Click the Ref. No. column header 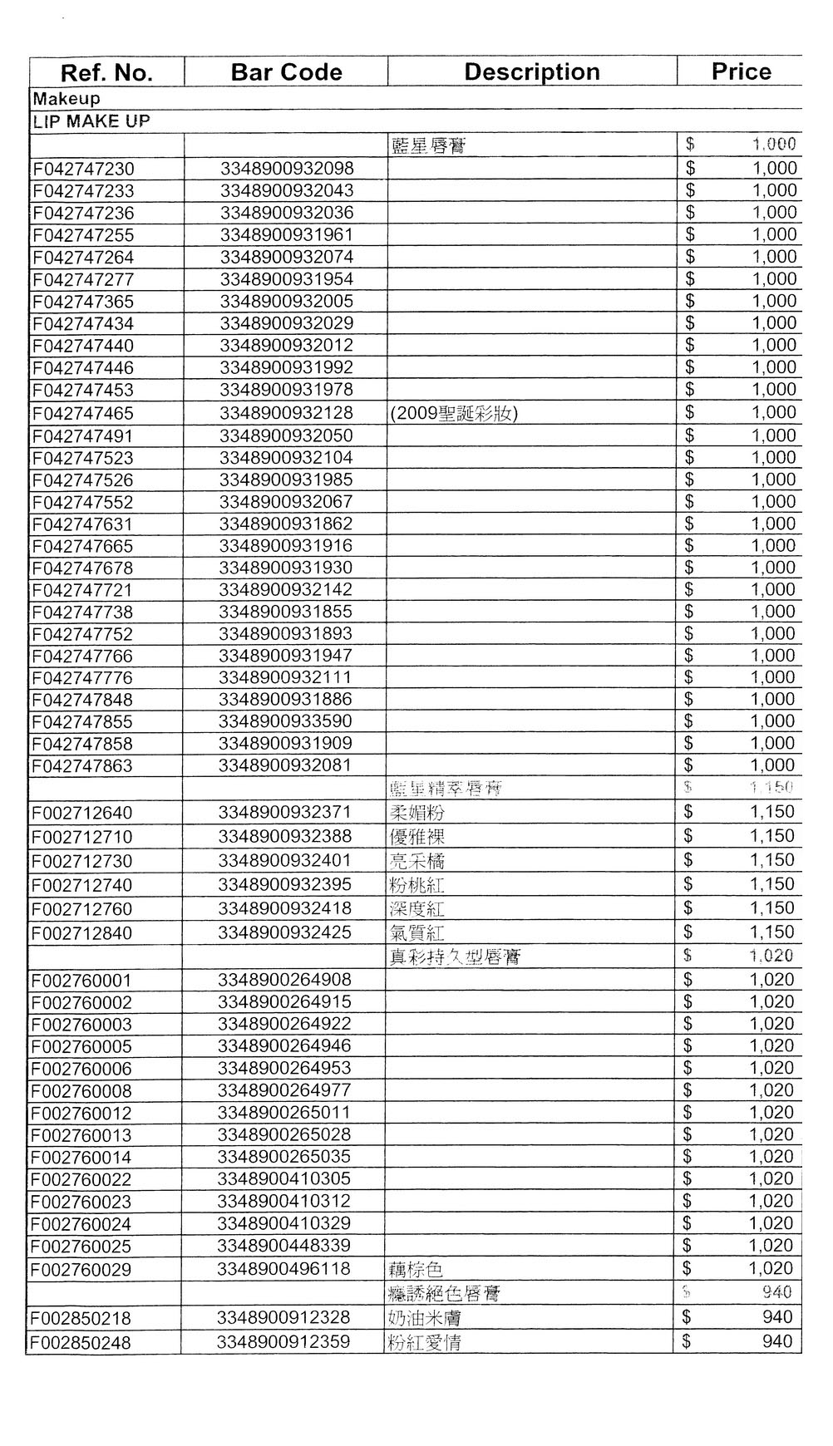point(106,72)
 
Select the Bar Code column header point(286,72)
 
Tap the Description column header point(532,72)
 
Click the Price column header point(741,71)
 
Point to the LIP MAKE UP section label point(91,121)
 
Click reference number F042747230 point(83,169)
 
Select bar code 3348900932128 point(287,413)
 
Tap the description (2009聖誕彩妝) point(454,413)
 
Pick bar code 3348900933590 point(286,721)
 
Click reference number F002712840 point(81,933)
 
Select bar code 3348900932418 point(285,908)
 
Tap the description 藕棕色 point(416,1270)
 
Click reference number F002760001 point(81,981)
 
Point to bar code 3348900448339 point(284,1246)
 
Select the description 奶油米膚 point(425,1318)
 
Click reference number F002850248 point(81,1343)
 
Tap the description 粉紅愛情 point(425,1343)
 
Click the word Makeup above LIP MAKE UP point(67,99)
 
